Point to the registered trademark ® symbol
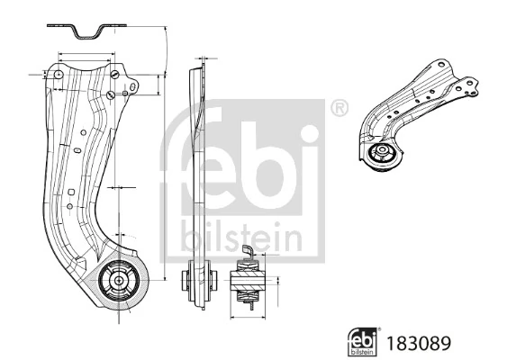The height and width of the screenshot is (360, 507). coord(339,109)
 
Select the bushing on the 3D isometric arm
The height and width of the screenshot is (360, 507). coord(382,154)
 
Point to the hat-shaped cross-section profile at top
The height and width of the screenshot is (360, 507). coord(87,33)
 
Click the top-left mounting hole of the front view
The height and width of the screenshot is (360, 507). coord(57,76)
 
